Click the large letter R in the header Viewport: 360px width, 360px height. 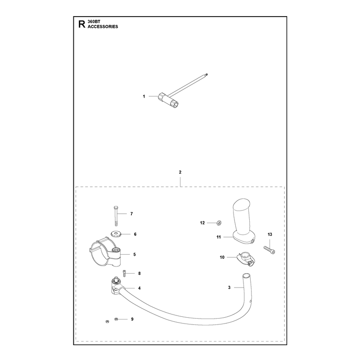[81, 24]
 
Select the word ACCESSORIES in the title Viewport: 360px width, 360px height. [103, 27]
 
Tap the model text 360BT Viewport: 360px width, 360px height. [94, 22]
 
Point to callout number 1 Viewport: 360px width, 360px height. [144, 96]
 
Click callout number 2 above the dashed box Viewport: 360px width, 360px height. [180, 172]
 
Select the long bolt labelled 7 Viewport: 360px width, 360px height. [116, 216]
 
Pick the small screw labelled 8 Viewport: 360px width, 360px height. [125, 274]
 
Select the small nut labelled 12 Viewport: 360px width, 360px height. [219, 222]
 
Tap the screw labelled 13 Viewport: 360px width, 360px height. [269, 250]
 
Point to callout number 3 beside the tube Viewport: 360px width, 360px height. [229, 288]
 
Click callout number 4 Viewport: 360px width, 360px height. [139, 288]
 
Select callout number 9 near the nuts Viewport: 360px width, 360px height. [132, 319]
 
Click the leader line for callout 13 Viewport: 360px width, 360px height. [270, 243]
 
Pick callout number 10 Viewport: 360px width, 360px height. [222, 257]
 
